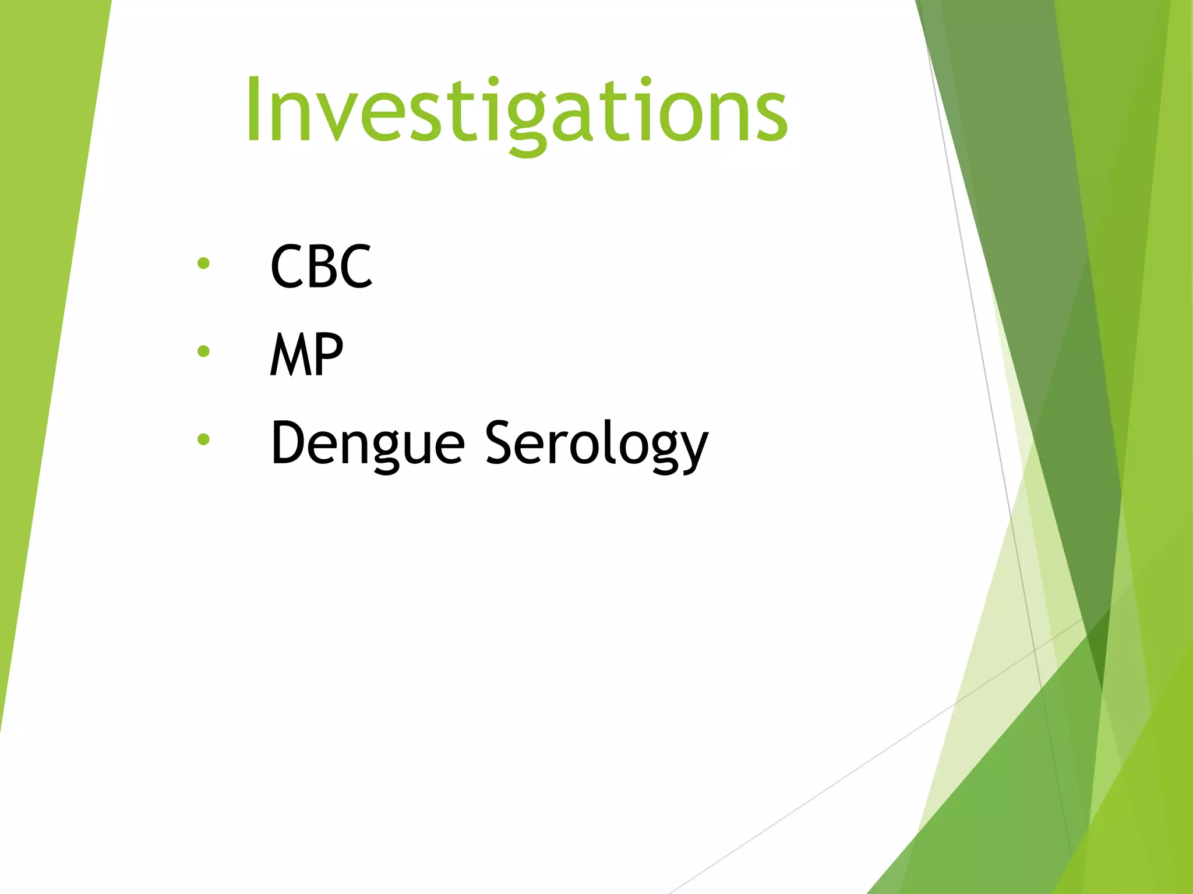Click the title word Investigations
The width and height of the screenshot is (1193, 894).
516,111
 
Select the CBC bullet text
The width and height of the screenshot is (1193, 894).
321,267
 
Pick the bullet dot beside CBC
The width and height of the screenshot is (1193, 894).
203,264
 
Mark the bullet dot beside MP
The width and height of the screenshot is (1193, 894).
203,351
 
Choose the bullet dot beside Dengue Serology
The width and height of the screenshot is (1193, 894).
203,439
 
